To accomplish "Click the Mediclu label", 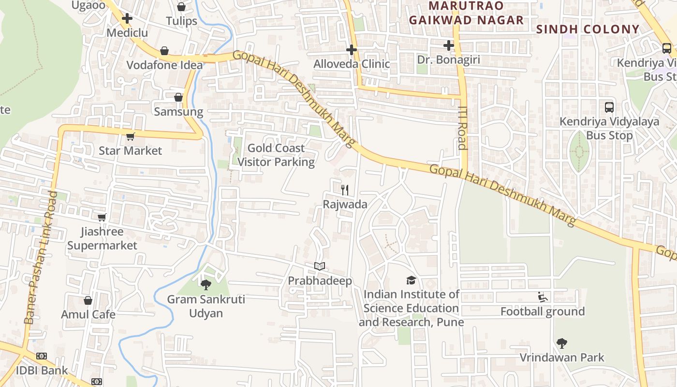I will [127, 33].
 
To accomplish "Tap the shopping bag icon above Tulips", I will [181, 7].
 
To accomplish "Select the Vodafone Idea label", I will [164, 65].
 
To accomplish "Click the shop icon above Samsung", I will [178, 97].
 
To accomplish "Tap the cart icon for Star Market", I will [130, 137].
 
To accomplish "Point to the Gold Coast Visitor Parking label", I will [276, 155].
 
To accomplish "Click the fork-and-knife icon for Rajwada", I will [345, 190].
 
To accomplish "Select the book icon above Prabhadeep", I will [319, 267].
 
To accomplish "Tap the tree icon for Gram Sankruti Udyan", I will [206, 284].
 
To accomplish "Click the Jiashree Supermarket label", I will [102, 238].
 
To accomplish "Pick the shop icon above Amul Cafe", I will [88, 300].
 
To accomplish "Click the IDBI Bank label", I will [42, 371].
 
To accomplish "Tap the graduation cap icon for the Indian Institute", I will [411, 280].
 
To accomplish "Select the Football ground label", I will [543, 311].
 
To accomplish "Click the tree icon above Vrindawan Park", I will [561, 343].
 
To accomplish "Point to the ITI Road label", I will [463, 128].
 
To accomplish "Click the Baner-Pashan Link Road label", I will [41, 257].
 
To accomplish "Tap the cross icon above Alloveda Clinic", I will [352, 49].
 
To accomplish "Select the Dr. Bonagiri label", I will [449, 60].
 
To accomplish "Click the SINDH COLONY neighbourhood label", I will [588, 29].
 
